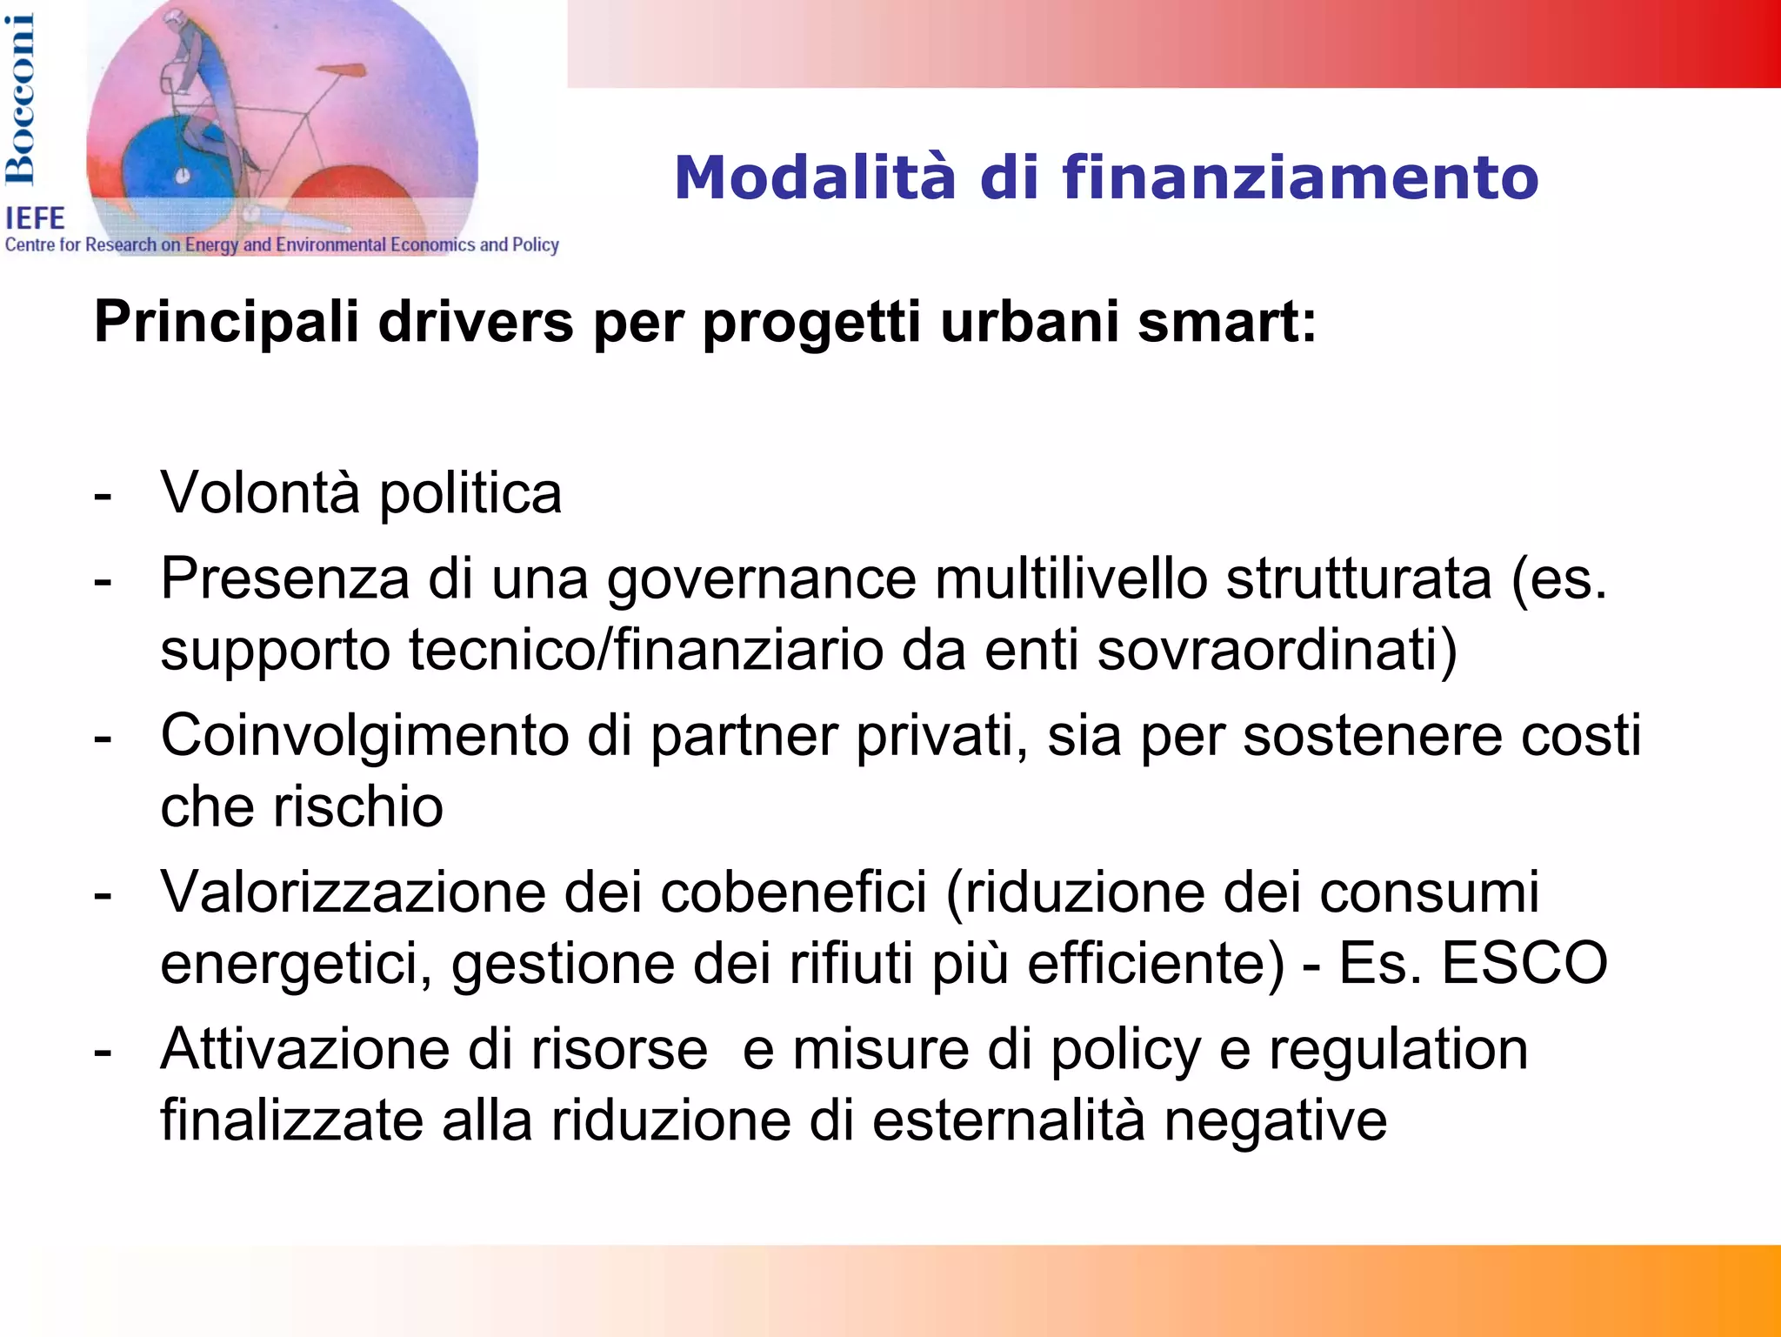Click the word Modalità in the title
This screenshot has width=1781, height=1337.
coord(815,178)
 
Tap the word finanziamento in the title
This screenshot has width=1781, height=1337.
coord(1299,178)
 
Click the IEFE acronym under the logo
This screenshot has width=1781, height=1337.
coord(36,218)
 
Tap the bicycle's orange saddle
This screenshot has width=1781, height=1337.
coord(339,70)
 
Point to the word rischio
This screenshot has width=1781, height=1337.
coord(357,807)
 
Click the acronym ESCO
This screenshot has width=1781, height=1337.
coord(1524,964)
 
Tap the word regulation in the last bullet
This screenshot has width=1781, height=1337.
coord(1397,1050)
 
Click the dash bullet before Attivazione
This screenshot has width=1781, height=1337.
coord(103,1052)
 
